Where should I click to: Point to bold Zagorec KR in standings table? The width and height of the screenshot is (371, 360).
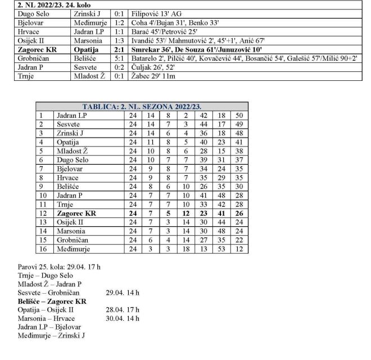(77, 213)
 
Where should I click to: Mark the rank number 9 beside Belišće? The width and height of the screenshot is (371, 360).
(40, 186)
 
